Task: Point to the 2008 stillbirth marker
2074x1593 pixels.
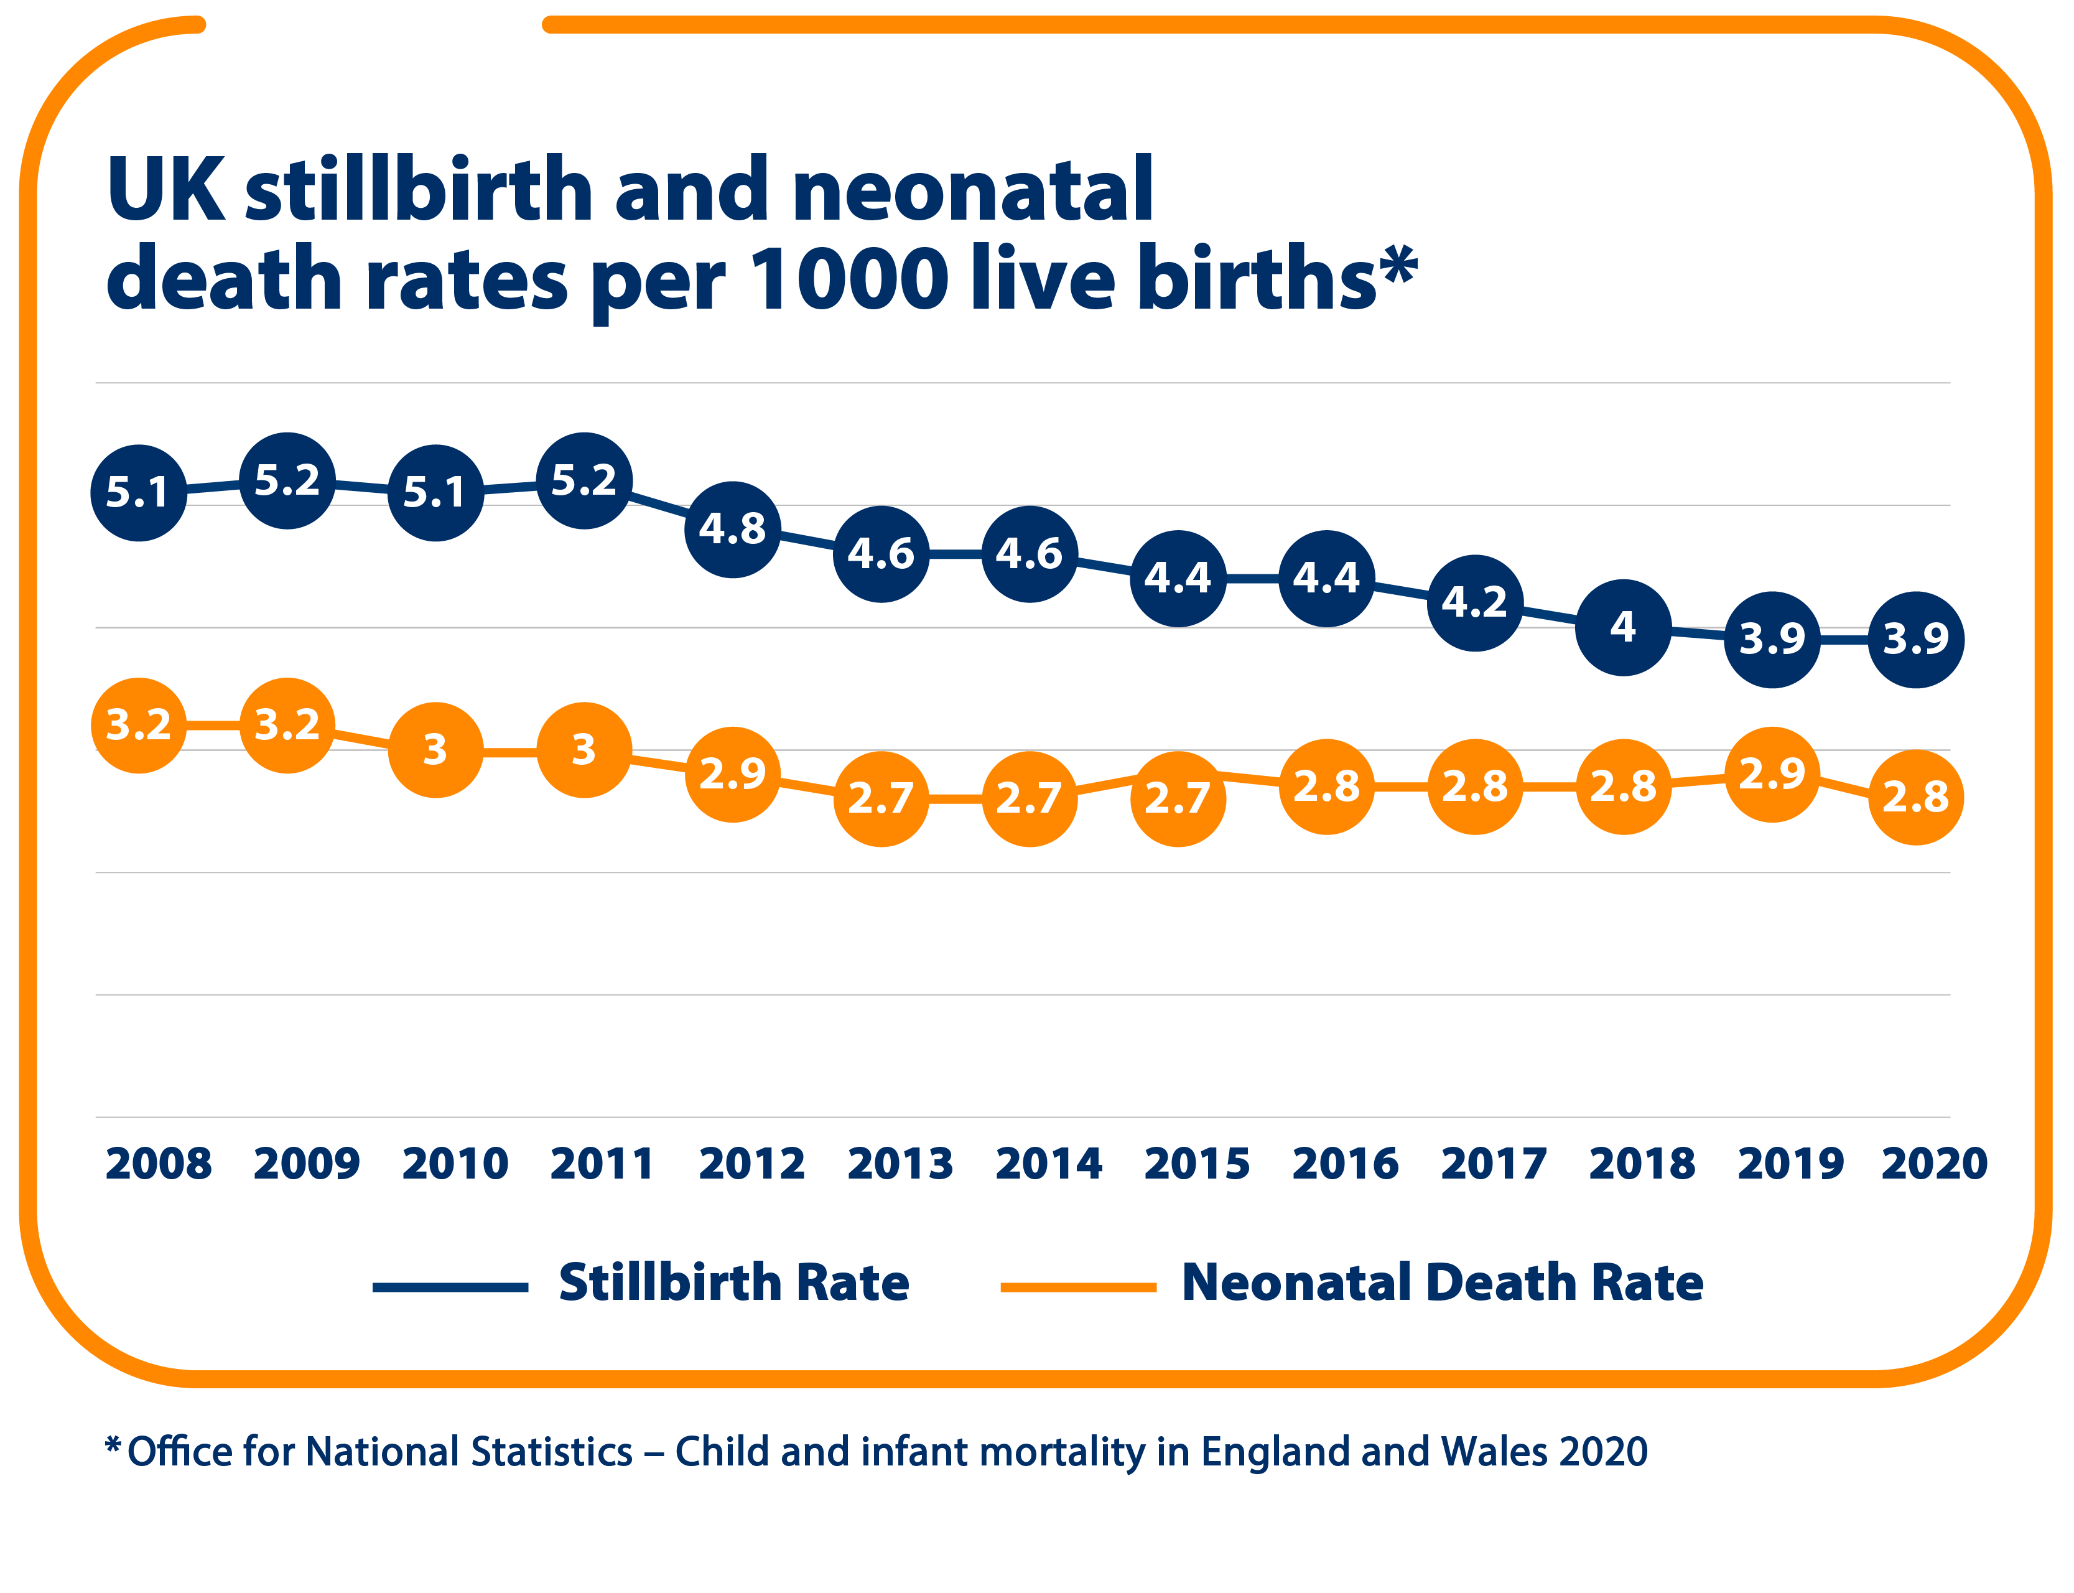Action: point(138,492)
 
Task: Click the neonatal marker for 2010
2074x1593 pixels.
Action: point(435,749)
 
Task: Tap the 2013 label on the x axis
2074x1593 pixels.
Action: point(900,1164)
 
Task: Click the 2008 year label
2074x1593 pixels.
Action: point(158,1164)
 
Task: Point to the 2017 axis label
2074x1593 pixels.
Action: point(1493,1164)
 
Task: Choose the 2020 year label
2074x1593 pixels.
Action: point(1933,1164)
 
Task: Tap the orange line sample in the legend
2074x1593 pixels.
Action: point(1078,1287)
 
